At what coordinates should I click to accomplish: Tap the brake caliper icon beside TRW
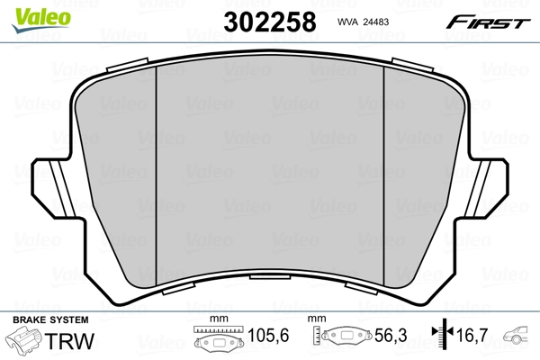click(25, 342)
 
